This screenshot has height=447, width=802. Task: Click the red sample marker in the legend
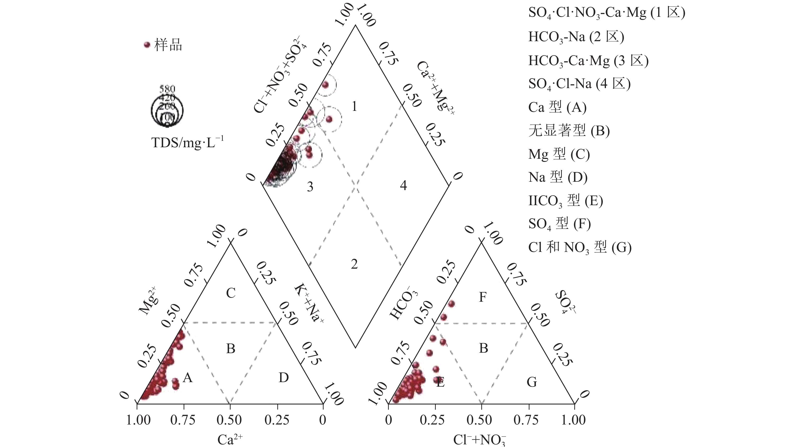[x=147, y=45]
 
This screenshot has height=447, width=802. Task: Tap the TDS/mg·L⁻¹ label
[x=187, y=142]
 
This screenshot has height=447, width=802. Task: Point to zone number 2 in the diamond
[x=354, y=264]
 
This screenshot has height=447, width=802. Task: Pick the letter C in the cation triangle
[x=231, y=293]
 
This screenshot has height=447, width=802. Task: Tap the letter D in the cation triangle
[x=284, y=378]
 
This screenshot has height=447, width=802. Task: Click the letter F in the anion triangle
[x=482, y=297]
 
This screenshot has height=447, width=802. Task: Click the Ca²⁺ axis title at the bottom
[x=230, y=439]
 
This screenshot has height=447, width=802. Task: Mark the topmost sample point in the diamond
[x=325, y=85]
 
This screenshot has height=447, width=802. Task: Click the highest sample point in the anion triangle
[x=451, y=304]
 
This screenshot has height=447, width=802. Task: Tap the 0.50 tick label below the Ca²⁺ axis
[x=229, y=420]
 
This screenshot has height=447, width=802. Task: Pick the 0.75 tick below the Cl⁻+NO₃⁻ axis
[x=526, y=420]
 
